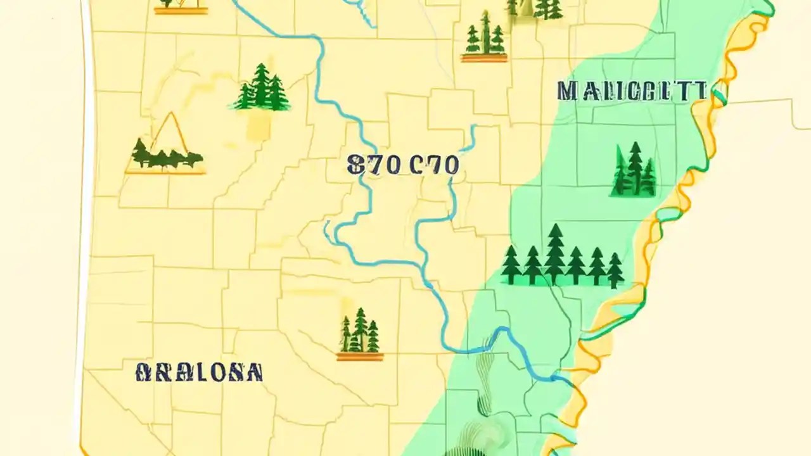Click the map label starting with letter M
click(x=632, y=91)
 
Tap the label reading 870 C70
click(x=403, y=165)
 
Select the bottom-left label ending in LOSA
click(x=199, y=372)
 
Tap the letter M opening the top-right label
click(x=567, y=91)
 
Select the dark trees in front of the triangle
click(x=166, y=155)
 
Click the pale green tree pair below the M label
click(x=634, y=170)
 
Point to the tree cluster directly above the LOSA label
click(x=359, y=331)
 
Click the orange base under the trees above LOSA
click(x=359, y=357)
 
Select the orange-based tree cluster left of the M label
click(x=484, y=38)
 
